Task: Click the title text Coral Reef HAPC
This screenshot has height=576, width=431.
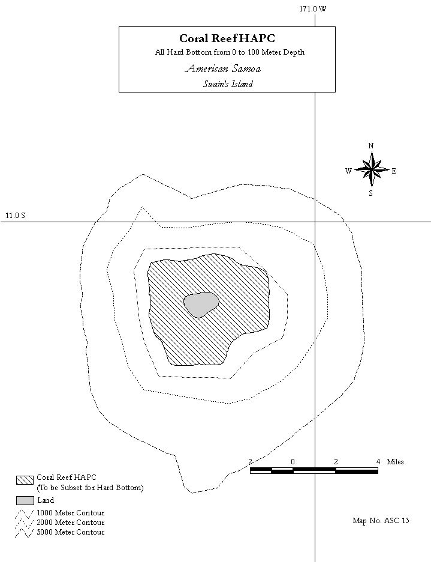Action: click(x=227, y=38)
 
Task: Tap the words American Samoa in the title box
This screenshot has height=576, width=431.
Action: click(x=223, y=68)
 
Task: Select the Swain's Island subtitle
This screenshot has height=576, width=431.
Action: click(x=228, y=84)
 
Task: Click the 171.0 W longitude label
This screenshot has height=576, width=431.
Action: click(x=313, y=8)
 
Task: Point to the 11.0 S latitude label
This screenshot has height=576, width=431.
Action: click(x=16, y=216)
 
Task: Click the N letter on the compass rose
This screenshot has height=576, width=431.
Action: click(x=371, y=146)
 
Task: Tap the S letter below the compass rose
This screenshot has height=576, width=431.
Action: click(x=370, y=193)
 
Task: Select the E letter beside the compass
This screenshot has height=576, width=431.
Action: click(x=394, y=171)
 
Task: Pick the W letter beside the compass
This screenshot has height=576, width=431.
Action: click(x=348, y=171)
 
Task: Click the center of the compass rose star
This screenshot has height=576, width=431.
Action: click(x=371, y=169)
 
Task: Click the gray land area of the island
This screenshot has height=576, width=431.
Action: click(x=201, y=305)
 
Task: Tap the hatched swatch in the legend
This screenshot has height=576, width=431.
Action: click(x=25, y=480)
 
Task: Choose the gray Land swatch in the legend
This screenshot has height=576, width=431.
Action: click(x=25, y=500)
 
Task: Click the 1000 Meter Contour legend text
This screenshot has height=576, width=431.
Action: click(x=71, y=513)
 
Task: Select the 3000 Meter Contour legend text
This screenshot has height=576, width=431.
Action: click(x=71, y=532)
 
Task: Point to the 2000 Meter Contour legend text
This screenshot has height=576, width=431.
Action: click(x=71, y=523)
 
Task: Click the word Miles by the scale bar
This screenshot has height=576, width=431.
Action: click(x=396, y=462)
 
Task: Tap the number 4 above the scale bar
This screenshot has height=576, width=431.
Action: click(x=378, y=462)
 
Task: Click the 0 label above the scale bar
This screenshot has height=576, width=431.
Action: click(x=293, y=462)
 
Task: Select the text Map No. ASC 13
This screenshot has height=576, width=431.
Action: click(x=381, y=521)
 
